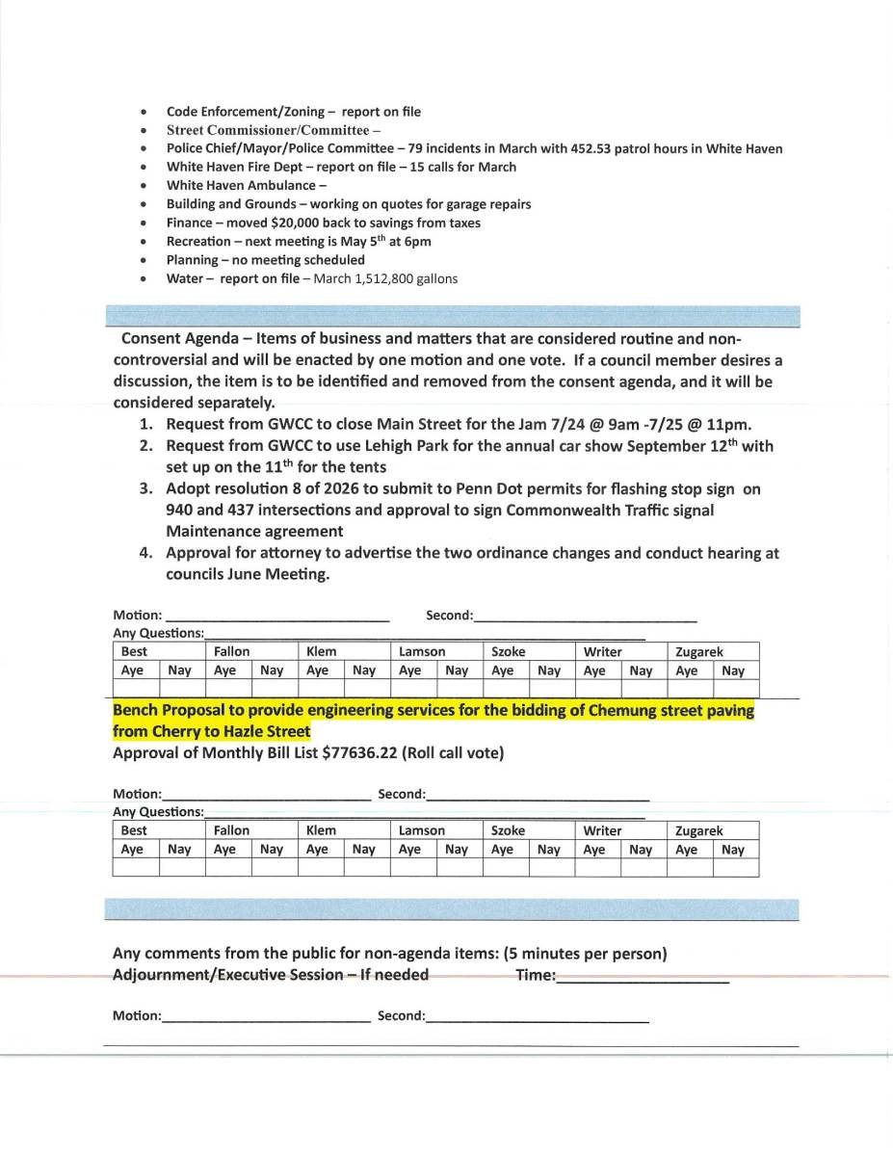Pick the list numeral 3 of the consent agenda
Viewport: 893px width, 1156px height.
[x=145, y=489]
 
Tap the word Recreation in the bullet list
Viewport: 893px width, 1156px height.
[x=198, y=241]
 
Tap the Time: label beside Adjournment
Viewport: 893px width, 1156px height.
[x=535, y=975]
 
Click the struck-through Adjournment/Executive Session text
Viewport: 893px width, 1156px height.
[x=271, y=975]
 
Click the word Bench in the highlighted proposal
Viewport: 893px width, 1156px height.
[x=135, y=711]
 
